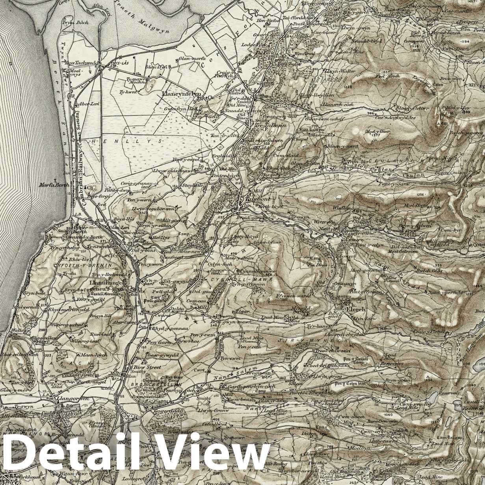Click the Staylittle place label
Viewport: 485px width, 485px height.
tap(192, 185)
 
